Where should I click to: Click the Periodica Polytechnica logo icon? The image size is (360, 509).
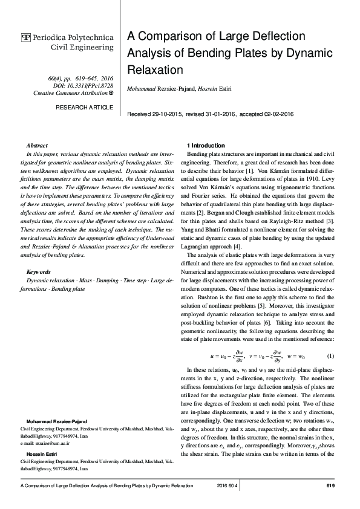pos(25,37)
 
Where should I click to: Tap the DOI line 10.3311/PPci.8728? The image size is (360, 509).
pos(87,86)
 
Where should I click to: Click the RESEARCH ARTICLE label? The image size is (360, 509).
pos(84,107)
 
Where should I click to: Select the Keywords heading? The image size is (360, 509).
pos(39,273)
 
